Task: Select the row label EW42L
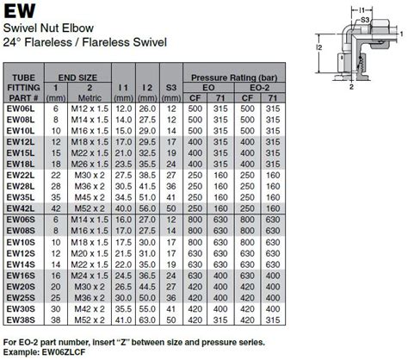(x=20, y=208)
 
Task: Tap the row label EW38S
(x=20, y=320)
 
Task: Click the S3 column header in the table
(x=171, y=88)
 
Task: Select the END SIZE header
(x=77, y=77)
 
